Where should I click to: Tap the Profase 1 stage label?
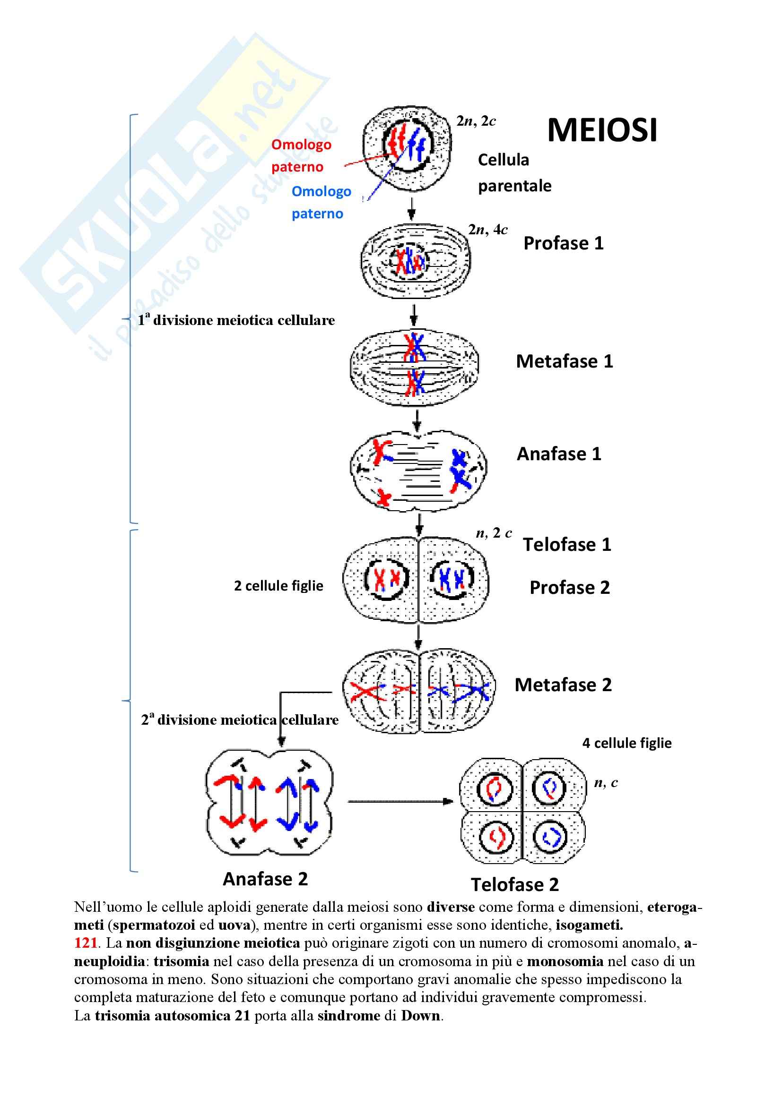click(x=564, y=243)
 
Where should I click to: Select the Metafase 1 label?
click(x=565, y=361)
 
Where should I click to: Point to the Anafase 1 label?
click(x=559, y=454)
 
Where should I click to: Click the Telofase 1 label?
click(x=567, y=545)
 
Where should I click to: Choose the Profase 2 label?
click(x=570, y=588)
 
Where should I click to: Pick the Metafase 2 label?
click(x=563, y=685)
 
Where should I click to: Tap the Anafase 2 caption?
click(x=265, y=879)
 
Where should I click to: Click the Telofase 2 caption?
click(x=515, y=884)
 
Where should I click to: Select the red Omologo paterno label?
click(x=301, y=155)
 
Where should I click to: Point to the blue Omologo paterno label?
click(x=321, y=202)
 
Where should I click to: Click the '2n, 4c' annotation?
click(x=488, y=230)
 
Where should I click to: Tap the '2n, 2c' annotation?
click(x=476, y=121)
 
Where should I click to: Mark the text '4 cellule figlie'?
click(x=626, y=743)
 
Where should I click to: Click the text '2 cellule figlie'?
click(x=278, y=586)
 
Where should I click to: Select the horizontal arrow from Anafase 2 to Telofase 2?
click(x=400, y=801)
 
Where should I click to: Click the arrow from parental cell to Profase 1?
click(x=411, y=208)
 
